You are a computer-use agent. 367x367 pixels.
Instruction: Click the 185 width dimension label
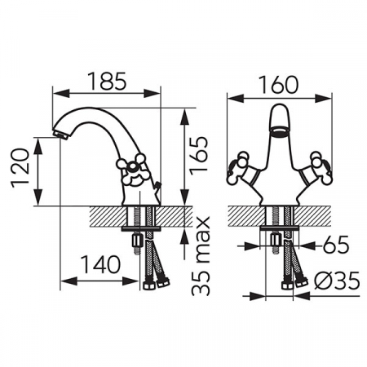[x=108, y=81]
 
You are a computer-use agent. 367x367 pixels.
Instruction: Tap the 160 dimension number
[x=278, y=85]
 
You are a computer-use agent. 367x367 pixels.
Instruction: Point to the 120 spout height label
[x=20, y=168]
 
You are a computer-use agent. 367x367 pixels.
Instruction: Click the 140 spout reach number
[x=100, y=264]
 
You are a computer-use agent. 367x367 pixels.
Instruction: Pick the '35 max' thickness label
[x=201, y=256]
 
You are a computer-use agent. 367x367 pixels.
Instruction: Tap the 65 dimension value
[x=335, y=245]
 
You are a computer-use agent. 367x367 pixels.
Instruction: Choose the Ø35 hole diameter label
[x=337, y=281]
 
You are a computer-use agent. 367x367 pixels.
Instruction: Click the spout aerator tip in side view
[x=61, y=135]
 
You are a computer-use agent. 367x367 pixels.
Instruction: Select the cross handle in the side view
[x=132, y=170]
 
